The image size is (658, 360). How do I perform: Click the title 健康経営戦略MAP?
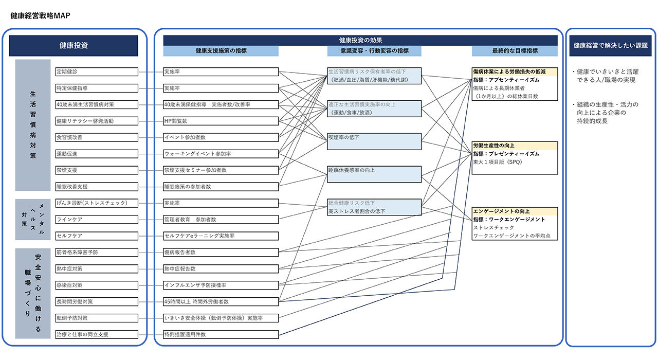point(41,15)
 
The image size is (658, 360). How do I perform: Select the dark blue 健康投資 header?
point(74,45)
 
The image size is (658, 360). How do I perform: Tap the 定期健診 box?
point(97,71)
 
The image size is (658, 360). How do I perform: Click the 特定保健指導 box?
point(97,88)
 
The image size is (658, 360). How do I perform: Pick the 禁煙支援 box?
point(97,170)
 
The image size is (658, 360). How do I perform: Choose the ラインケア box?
point(97,220)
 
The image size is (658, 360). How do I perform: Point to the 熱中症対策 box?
point(97,268)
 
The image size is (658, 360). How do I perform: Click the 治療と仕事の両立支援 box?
point(97,334)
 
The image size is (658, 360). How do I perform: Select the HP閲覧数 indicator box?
point(221,121)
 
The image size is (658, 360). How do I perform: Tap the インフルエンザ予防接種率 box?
point(221,285)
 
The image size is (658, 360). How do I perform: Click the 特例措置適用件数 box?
point(221,334)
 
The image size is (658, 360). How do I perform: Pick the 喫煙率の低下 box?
point(374,141)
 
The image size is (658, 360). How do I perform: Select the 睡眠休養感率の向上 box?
point(374,174)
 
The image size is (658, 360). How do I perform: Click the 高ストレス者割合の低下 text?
point(357,211)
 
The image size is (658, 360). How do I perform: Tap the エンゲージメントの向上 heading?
point(502,211)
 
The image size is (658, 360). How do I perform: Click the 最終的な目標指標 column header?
point(515,51)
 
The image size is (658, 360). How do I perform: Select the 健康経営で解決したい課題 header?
point(610,45)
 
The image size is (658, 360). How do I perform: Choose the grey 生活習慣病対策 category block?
point(33,125)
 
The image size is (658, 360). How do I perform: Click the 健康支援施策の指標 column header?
point(221,51)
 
